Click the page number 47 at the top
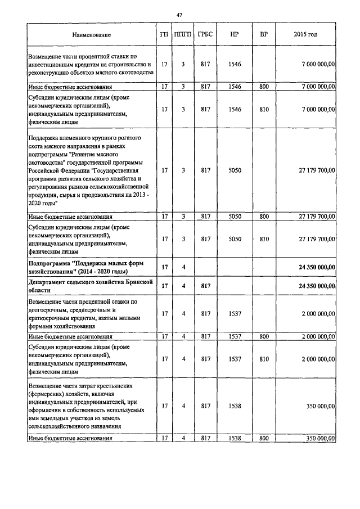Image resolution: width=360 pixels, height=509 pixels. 179,13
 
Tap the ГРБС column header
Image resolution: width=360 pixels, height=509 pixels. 205,35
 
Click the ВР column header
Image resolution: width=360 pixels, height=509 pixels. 263,35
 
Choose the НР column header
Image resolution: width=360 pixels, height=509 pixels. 235,35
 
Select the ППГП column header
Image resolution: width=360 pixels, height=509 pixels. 183,35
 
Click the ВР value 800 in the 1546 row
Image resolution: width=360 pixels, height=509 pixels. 263,87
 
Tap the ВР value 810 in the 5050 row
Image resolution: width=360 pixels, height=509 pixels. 263,239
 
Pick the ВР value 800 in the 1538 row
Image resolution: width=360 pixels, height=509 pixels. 263,438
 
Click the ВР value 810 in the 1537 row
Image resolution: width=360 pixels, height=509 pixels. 263,358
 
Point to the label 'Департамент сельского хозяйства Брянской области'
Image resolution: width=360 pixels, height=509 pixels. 90,286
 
